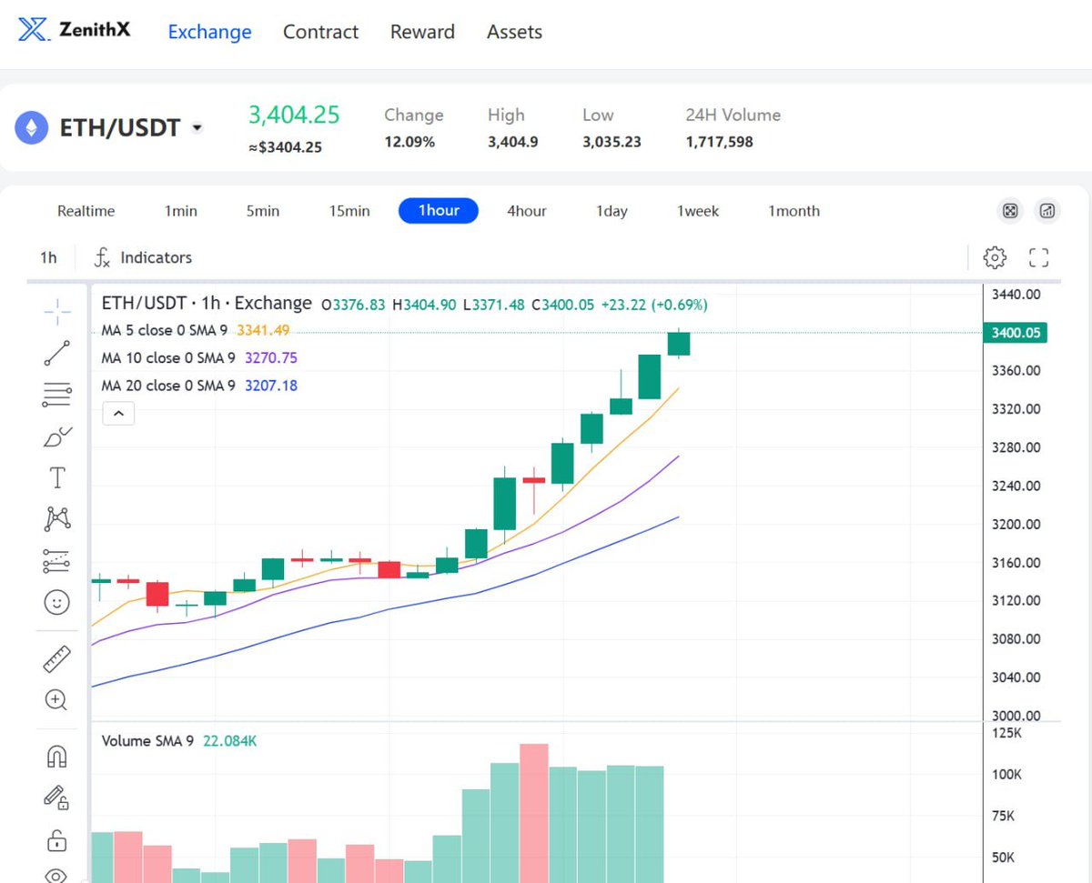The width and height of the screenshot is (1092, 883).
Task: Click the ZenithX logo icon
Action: [x=34, y=29]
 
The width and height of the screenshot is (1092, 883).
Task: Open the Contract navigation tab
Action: [x=320, y=32]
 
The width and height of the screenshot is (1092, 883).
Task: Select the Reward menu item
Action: [x=422, y=32]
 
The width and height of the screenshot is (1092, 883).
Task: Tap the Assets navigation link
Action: [x=514, y=32]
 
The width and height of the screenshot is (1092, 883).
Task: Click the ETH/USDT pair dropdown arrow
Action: [x=197, y=127]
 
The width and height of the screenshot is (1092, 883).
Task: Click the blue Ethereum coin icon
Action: [x=31, y=127]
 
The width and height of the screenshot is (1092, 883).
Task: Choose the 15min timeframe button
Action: [x=349, y=211]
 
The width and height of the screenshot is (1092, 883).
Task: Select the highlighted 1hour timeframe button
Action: [x=439, y=210]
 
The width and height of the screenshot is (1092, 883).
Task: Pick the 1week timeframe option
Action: [x=697, y=211]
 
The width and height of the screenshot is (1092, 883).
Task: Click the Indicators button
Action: [x=143, y=257]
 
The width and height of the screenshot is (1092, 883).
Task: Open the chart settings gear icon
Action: [x=995, y=257]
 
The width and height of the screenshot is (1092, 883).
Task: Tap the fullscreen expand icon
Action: [x=1038, y=257]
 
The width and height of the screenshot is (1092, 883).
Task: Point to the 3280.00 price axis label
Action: [x=1016, y=447]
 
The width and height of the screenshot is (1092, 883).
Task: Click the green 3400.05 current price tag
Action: [x=1015, y=333]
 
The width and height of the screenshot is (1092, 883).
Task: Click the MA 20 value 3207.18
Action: [x=270, y=386]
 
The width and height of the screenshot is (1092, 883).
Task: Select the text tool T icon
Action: [x=57, y=477]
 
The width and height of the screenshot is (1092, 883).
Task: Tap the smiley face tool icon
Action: [x=56, y=602]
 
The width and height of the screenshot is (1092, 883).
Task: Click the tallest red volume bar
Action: [x=533, y=813]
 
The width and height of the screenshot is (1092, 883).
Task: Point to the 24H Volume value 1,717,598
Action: [x=719, y=141]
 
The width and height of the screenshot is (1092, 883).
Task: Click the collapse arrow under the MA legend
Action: [x=118, y=414]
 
